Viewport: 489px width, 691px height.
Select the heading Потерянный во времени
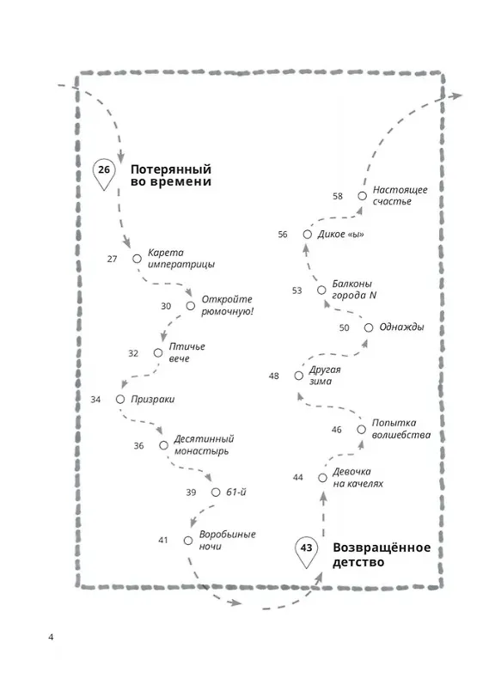(x=171, y=175)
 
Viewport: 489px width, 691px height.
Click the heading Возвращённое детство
(x=382, y=555)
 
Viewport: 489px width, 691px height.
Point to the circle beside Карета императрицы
(x=137, y=259)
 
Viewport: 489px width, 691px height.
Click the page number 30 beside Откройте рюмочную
(x=166, y=306)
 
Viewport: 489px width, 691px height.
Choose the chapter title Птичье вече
(x=186, y=352)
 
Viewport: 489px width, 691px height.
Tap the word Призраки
(x=153, y=400)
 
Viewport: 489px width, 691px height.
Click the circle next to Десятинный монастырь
(x=163, y=445)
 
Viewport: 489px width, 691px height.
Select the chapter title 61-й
(x=236, y=492)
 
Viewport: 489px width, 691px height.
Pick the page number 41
(x=163, y=541)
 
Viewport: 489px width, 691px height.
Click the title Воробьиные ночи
(x=228, y=541)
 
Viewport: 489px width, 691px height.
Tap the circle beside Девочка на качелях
(x=322, y=478)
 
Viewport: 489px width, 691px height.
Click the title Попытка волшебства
(x=401, y=429)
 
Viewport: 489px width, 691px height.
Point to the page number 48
(x=273, y=376)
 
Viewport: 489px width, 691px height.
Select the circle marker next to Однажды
(x=369, y=327)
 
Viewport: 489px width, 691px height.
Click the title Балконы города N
(x=354, y=290)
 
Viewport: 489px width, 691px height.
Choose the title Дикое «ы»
(x=340, y=235)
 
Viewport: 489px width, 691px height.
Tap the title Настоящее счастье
(x=400, y=196)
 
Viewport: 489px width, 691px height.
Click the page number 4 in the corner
(x=51, y=637)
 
